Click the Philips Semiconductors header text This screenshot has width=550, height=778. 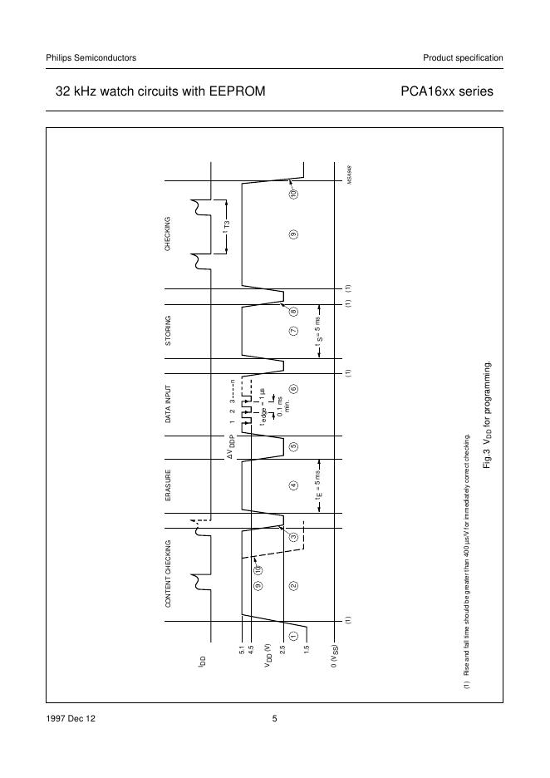[91, 57]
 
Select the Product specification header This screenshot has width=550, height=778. [463, 57]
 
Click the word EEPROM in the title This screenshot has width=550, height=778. [238, 91]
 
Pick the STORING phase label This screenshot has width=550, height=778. [168, 331]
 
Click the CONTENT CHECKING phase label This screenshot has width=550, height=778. [168, 574]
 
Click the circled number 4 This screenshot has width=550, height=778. [293, 485]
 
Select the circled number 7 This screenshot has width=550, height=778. [293, 331]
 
